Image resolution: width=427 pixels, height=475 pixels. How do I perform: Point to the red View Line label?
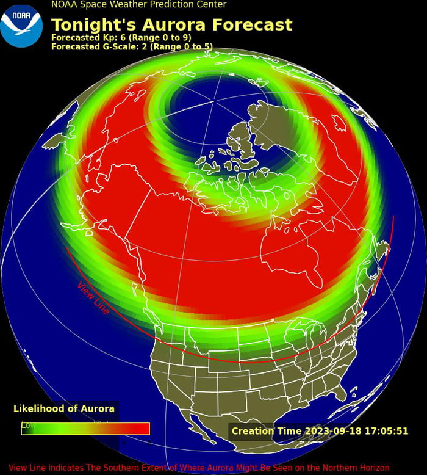click(x=93, y=299)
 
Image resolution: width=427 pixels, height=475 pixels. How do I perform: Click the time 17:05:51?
click(x=387, y=431)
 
